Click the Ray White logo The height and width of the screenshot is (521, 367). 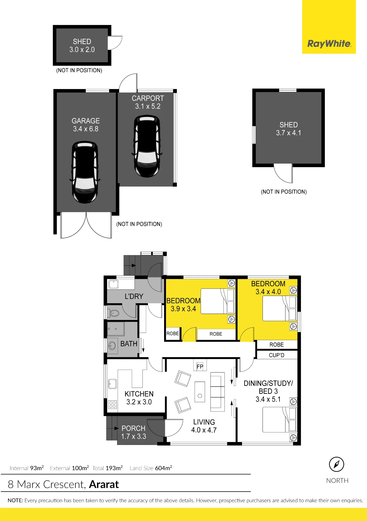329,44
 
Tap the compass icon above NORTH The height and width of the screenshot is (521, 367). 337,464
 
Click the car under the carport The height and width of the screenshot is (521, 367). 147,146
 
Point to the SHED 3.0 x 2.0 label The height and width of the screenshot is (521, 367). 82,46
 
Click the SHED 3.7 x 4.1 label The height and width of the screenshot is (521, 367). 289,129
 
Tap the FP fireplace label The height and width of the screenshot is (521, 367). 200,367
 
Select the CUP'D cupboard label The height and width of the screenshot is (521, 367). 277,355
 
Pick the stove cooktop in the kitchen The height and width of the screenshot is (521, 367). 113,405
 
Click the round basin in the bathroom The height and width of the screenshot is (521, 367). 112,346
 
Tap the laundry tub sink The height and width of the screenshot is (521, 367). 114,284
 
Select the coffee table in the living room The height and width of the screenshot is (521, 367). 200,392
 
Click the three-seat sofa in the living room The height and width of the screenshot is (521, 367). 217,392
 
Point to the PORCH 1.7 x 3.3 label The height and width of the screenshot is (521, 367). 134,432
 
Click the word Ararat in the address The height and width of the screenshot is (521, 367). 104,485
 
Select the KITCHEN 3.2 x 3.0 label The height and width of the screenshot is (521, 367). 139,398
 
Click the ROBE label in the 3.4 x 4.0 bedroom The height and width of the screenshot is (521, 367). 277,345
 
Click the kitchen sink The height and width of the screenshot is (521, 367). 113,384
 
